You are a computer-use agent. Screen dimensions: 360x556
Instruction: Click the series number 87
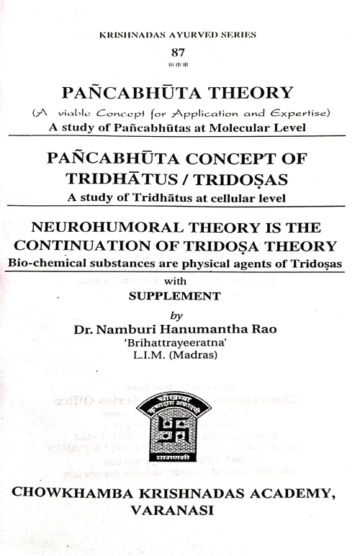tap(179, 52)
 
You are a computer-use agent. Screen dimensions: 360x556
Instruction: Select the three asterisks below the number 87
tap(179, 63)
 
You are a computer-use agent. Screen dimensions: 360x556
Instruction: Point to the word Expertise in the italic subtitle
tap(305, 113)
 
